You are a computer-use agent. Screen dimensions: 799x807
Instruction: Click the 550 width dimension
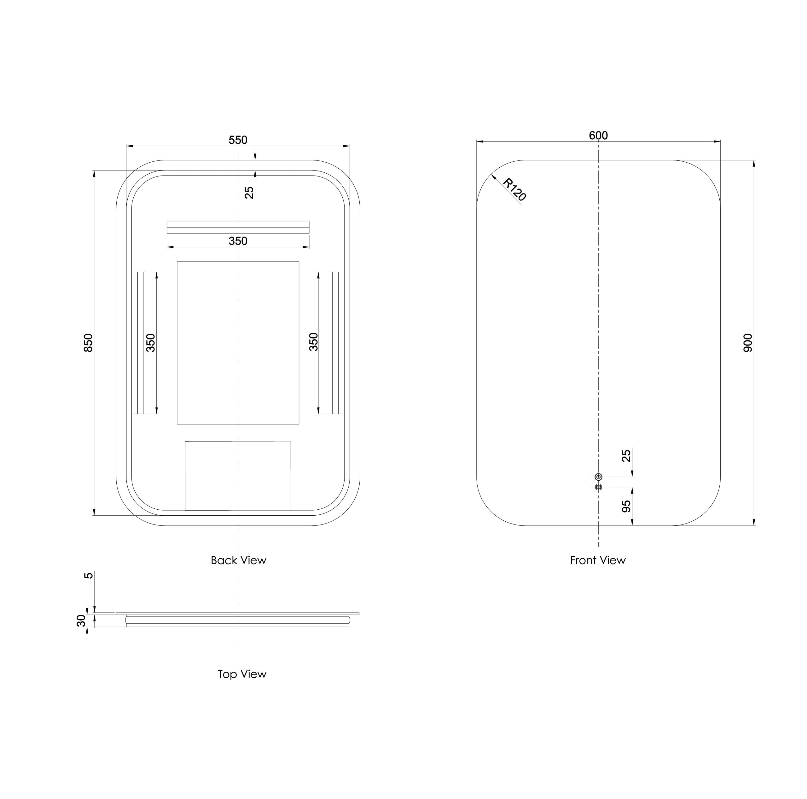238,140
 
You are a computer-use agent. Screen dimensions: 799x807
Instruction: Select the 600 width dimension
598,135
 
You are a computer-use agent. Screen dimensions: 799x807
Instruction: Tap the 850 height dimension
89,343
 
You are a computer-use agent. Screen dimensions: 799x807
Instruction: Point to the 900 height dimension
748,343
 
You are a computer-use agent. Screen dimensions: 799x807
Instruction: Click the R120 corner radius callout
514,189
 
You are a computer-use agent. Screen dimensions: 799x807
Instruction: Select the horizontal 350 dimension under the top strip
238,241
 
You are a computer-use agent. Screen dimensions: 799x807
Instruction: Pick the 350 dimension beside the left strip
151,343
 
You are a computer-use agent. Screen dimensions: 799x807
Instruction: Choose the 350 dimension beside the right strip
313,342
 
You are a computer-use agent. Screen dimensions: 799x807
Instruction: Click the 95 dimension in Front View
626,507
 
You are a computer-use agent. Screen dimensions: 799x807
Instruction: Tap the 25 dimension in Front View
626,456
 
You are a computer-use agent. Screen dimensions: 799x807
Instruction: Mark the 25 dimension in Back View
249,193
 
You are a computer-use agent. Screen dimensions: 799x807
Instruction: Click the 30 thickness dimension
81,621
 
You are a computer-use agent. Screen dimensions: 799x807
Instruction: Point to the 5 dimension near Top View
89,576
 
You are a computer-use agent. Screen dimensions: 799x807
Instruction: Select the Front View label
598,560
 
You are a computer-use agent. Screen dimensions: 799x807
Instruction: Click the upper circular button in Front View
598,477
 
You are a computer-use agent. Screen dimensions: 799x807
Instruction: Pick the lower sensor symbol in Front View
598,487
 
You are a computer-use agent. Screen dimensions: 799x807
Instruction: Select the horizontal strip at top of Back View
238,227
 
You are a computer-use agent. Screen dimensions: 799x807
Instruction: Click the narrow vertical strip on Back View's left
138,343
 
